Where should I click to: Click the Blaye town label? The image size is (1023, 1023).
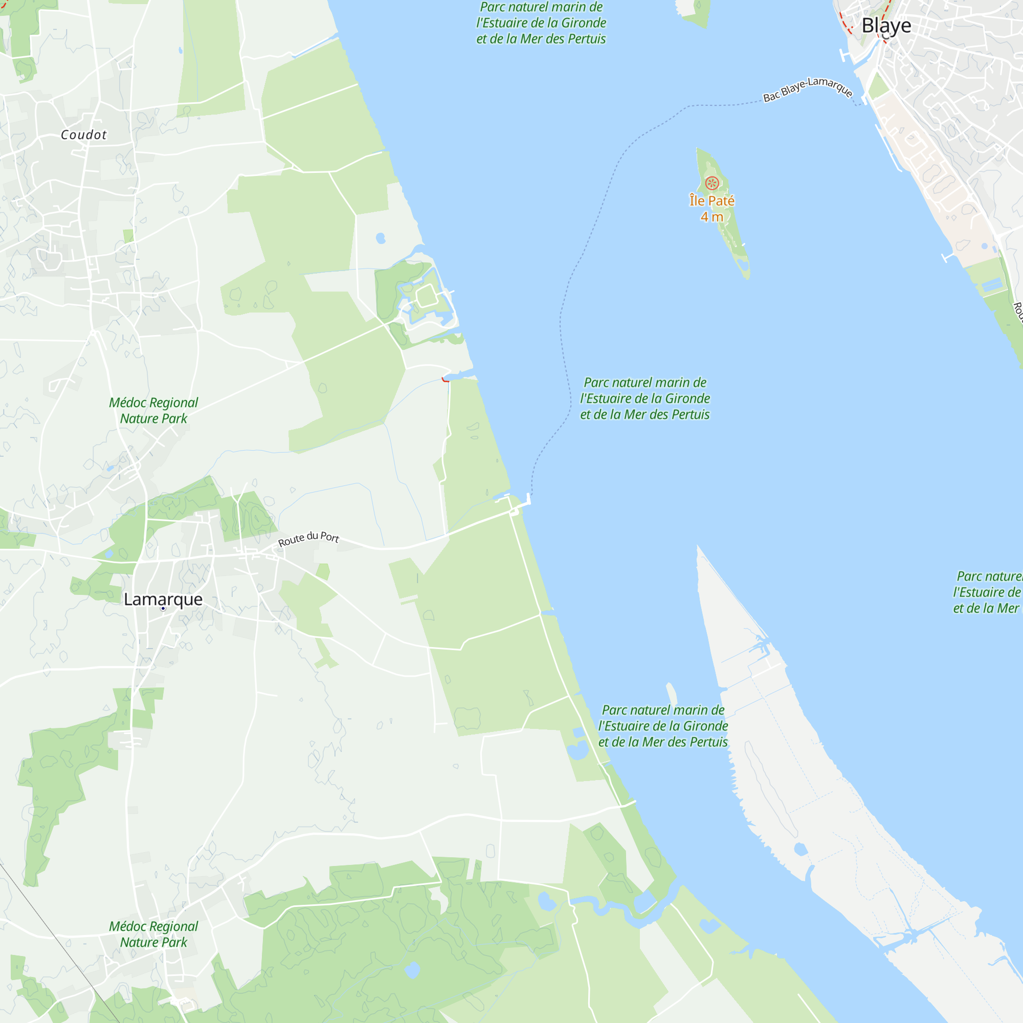tap(886, 26)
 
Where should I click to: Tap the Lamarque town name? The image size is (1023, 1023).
tap(163, 599)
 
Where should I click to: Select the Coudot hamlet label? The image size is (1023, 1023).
tap(84, 135)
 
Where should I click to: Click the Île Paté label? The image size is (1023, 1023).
tap(711, 201)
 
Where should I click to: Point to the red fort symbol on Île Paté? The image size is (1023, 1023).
tap(712, 183)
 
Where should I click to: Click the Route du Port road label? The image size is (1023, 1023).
tap(309, 539)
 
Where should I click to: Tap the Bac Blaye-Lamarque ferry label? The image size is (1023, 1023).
tap(807, 89)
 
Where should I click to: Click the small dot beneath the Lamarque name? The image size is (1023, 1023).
tap(163, 609)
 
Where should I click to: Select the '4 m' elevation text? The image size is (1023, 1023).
tap(711, 216)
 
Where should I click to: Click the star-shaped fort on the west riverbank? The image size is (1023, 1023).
tap(426, 297)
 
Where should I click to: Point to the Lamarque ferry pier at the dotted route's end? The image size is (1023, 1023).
tap(528, 499)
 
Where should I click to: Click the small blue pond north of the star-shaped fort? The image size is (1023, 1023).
tap(380, 238)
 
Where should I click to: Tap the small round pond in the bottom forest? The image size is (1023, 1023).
tap(412, 970)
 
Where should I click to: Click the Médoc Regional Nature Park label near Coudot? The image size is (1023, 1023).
tap(153, 410)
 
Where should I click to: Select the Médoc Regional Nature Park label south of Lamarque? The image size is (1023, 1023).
tap(153, 934)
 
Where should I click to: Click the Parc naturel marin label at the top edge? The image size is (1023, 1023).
tap(541, 23)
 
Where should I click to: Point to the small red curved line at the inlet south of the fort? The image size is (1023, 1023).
tap(445, 380)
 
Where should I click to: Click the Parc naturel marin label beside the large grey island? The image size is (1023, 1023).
tap(663, 726)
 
